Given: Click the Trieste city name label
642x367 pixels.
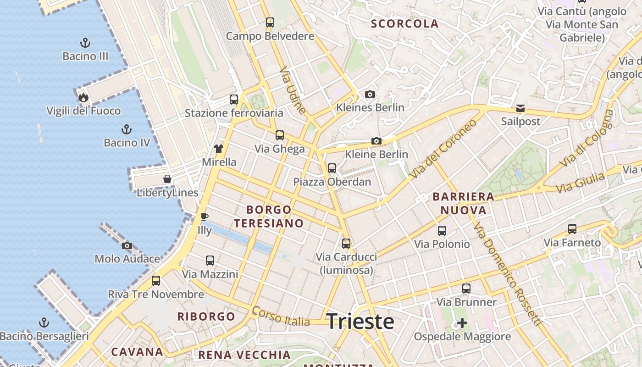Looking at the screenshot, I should click(360, 322).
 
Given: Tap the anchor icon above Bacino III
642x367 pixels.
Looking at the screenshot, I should click(85, 43).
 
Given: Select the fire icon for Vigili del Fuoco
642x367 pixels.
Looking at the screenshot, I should click(83, 97).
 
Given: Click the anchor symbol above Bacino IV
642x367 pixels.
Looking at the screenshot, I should click(127, 129).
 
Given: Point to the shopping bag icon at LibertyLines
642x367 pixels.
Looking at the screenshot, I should click(167, 179).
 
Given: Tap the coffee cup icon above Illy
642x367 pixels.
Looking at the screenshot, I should click(205, 216).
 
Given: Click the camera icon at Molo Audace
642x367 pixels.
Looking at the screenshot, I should click(127, 245).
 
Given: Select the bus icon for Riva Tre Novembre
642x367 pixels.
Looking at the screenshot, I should click(156, 280).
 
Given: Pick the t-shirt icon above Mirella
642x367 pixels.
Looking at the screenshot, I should click(219, 148).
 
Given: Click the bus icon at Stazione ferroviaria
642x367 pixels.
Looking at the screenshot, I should click(234, 99).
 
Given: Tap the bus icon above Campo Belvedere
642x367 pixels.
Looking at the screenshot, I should click(270, 22).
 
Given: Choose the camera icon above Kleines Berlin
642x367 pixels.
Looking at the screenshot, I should click(370, 94).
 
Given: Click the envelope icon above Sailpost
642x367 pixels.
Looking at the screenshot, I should click(520, 108).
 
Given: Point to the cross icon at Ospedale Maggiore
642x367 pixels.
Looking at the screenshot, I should click(462, 323).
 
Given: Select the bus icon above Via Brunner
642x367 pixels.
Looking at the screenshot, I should click(466, 289).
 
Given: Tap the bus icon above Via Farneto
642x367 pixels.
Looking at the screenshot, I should click(572, 228).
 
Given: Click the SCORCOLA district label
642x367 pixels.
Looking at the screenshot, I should click(404, 24).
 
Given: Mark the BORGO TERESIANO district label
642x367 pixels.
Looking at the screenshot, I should click(269, 217).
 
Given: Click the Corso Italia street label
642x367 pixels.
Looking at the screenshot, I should click(281, 317).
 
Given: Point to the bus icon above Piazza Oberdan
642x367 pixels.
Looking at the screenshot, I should click(332, 168).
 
